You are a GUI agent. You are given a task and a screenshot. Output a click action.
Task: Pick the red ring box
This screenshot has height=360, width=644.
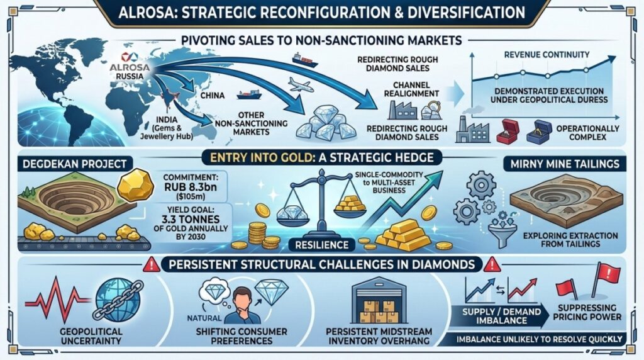point(506,130)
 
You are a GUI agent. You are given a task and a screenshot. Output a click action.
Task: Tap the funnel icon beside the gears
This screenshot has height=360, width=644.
point(499,228)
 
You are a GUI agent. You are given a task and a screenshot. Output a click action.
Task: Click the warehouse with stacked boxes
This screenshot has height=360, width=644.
point(380,301)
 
